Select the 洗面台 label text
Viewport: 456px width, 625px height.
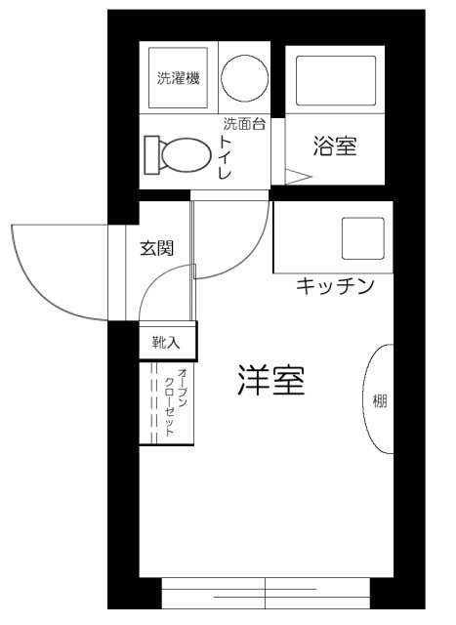pyautogui.click(x=244, y=124)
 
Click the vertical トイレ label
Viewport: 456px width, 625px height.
pyautogui.click(x=226, y=159)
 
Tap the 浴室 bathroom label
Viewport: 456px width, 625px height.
pyautogui.click(x=335, y=147)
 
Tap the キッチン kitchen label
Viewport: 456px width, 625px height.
pyautogui.click(x=335, y=286)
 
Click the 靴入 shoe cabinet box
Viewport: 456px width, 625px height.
pyautogui.click(x=167, y=342)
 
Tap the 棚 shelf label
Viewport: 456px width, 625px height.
pyautogui.click(x=380, y=400)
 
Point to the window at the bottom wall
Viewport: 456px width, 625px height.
pyautogui.click(x=266, y=592)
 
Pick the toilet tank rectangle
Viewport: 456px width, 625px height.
pyautogui.click(x=150, y=154)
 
